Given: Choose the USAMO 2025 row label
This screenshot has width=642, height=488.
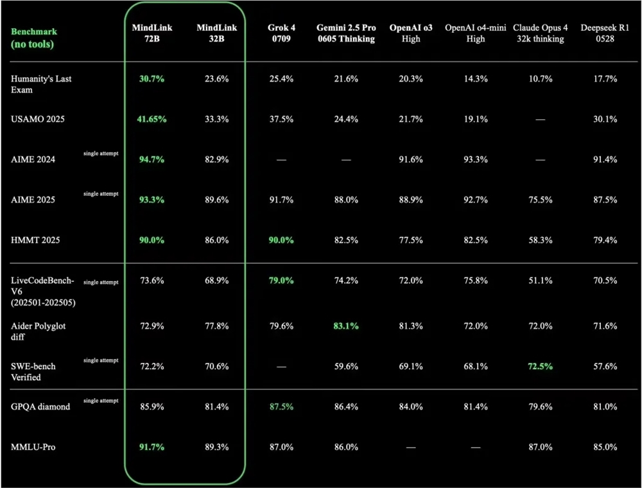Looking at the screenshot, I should click(38, 119).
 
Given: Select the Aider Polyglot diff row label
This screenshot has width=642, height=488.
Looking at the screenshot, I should click(38, 331).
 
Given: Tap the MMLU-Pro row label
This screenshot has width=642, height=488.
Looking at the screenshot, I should click(33, 446).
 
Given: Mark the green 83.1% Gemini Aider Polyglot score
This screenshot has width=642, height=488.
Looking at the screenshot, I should click(346, 326).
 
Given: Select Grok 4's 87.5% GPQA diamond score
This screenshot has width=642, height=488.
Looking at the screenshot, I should click(281, 406).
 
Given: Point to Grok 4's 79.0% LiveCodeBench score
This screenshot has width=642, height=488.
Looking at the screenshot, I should click(281, 281).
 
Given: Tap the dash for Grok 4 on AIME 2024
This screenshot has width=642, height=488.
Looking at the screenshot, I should click(281, 159).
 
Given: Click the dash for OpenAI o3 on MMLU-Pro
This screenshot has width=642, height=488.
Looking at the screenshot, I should click(410, 447).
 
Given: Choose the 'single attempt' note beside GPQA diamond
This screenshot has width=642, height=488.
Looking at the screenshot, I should click(101, 401).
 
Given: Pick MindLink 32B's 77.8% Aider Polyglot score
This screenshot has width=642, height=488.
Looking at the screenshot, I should click(216, 326).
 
